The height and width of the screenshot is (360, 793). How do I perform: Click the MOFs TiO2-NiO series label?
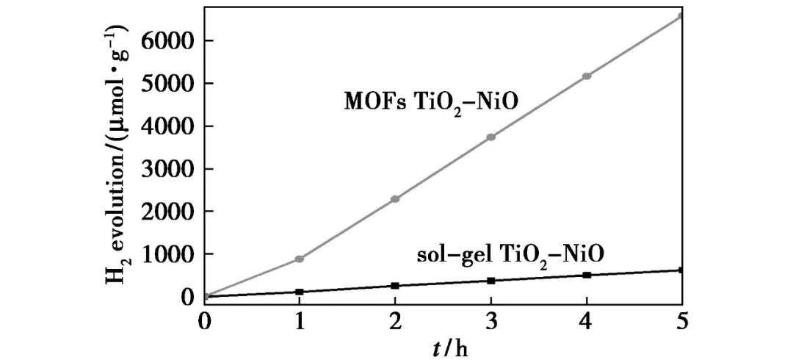(432, 102)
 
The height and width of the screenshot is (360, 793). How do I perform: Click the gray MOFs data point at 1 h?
(300, 259)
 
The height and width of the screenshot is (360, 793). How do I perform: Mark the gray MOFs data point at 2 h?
(395, 199)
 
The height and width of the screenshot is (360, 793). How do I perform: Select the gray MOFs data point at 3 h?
(491, 137)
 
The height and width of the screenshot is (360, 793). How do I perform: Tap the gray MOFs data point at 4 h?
(587, 76)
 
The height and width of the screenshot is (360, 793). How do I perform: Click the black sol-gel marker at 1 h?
(300, 292)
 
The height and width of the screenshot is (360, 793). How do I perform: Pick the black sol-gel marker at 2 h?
(395, 286)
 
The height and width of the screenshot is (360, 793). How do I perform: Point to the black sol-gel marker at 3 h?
(491, 281)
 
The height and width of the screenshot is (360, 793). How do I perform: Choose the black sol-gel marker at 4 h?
(587, 275)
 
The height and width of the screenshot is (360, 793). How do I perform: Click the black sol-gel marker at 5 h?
(681, 270)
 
